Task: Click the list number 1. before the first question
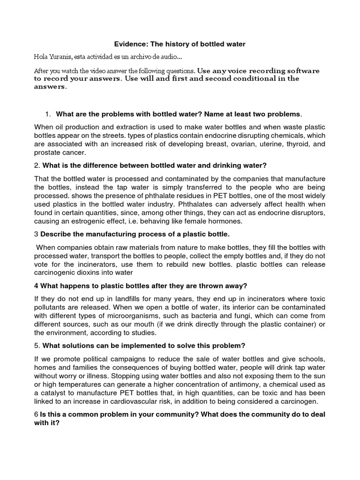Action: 48,114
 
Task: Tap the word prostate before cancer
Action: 48,153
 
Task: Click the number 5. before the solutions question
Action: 37,346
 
